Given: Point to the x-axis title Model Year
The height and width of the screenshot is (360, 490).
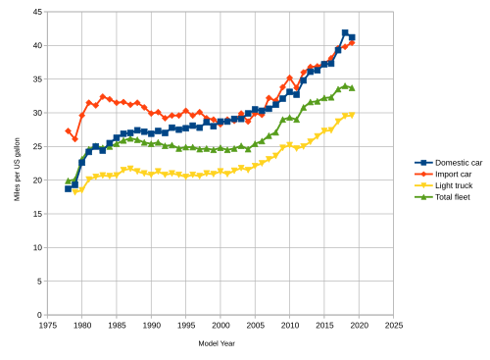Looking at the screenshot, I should pyautogui.click(x=215, y=343).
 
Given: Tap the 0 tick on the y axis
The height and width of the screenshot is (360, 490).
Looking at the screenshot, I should pyautogui.click(x=37, y=315).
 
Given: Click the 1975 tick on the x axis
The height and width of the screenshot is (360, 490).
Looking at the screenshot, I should pyautogui.click(x=47, y=325).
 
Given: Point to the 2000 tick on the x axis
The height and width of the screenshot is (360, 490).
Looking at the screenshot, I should pyautogui.click(x=220, y=325).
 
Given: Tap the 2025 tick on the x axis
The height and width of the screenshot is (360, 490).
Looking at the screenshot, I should pyautogui.click(x=394, y=325).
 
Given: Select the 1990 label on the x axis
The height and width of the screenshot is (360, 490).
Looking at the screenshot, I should pyautogui.click(x=151, y=325).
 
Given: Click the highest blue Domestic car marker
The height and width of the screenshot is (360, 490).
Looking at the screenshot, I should pyautogui.click(x=345, y=33).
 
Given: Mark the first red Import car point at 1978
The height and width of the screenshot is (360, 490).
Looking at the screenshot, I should pyautogui.click(x=68, y=130).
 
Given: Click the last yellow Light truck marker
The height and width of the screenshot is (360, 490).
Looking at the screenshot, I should pyautogui.click(x=352, y=115).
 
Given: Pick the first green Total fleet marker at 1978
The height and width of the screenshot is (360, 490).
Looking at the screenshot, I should pyautogui.click(x=68, y=180).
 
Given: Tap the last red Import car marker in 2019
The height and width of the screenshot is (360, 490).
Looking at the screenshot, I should pyautogui.click(x=352, y=43).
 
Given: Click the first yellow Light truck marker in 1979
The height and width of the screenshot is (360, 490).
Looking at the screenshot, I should pyautogui.click(x=74, y=191).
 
